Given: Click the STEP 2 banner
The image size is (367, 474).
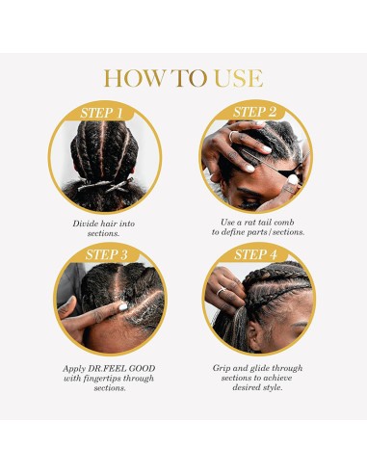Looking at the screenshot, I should point(255,113).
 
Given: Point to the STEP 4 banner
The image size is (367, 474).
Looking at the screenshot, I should point(255,254).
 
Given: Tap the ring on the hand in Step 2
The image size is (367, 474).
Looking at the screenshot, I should point(231,138).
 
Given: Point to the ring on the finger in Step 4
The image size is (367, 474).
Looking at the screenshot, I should point(220,292).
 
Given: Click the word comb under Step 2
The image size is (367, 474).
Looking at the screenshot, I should point(286,222).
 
